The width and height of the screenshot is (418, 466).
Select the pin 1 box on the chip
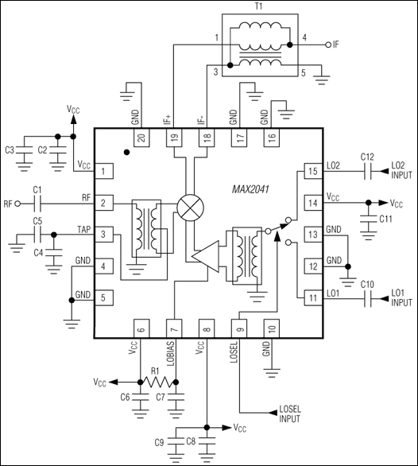click(x=104, y=170)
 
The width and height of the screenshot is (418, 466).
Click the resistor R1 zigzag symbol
click(x=158, y=383)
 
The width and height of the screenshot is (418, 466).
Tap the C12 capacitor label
click(x=367, y=157)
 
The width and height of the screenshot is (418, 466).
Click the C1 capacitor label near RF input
click(x=37, y=189)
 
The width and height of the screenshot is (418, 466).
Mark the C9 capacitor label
click(x=160, y=441)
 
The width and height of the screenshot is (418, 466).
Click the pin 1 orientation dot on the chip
click(x=127, y=150)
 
